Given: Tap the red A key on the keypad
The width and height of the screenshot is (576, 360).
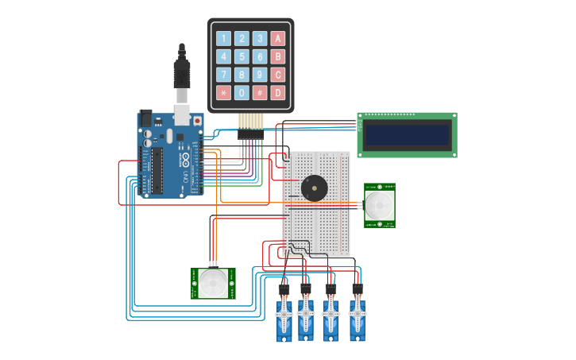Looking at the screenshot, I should [277, 38].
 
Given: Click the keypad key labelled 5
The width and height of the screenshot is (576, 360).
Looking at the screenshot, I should [242, 56].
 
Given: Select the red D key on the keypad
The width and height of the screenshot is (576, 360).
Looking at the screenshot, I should [277, 92].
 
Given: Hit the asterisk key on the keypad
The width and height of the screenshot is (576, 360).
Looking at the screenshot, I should [223, 92].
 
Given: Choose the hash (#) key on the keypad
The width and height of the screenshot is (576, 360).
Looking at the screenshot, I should [260, 92].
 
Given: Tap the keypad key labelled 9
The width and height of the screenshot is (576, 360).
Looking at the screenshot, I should [260, 75].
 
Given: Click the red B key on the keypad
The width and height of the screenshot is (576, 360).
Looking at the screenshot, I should [277, 56].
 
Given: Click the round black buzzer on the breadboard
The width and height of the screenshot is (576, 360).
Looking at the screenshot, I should [313, 188].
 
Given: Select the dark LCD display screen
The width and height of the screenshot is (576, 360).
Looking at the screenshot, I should [407, 134].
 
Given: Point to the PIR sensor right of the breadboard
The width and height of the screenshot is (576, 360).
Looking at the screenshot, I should [379, 205].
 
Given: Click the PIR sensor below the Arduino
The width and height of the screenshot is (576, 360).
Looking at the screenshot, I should [213, 284].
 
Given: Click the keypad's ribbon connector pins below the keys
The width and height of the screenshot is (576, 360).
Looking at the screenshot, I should [251, 122].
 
